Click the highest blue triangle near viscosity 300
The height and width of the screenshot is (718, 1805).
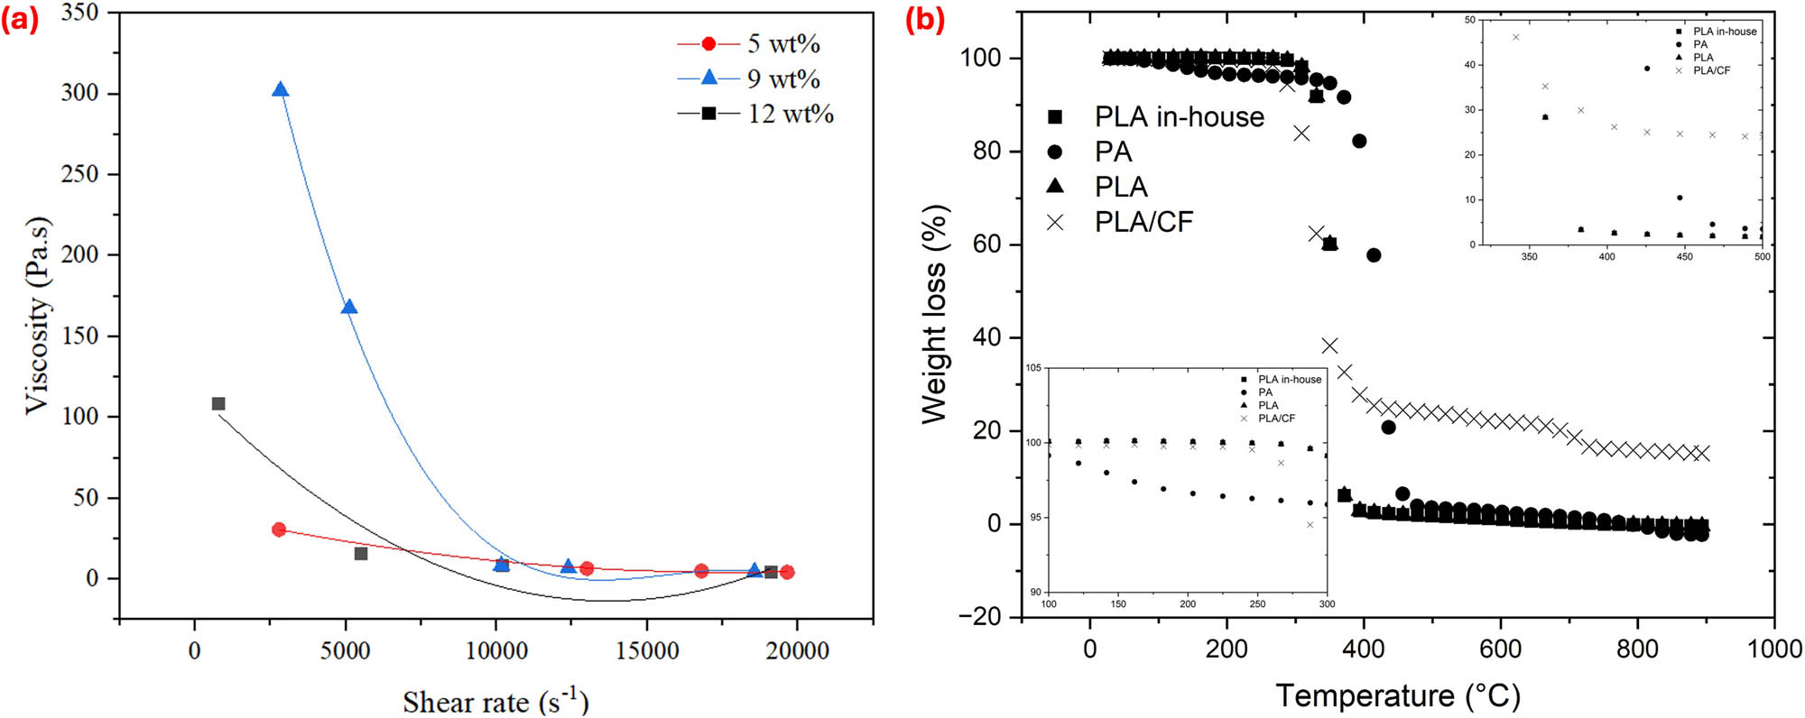pyautogui.click(x=281, y=89)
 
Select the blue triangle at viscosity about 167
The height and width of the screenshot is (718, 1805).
pyautogui.click(x=349, y=307)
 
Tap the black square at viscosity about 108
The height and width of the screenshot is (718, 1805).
pyautogui.click(x=218, y=403)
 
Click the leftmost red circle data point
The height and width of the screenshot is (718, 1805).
pyautogui.click(x=279, y=529)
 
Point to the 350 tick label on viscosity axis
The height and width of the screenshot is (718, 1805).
pyautogui.click(x=80, y=13)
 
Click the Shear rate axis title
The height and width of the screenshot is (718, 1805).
pyautogui.click(x=495, y=702)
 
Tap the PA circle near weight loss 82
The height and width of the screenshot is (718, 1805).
pyautogui.click(x=1359, y=141)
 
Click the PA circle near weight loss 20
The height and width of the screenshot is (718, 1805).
pyautogui.click(x=1388, y=428)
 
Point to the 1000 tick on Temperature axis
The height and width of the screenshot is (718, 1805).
pyautogui.click(x=1773, y=649)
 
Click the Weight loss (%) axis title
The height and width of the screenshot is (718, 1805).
pyautogui.click(x=934, y=314)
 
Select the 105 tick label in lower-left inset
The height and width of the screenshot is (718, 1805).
pyautogui.click(x=1033, y=368)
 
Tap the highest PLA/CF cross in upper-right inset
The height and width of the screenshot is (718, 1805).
pyautogui.click(x=1515, y=37)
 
